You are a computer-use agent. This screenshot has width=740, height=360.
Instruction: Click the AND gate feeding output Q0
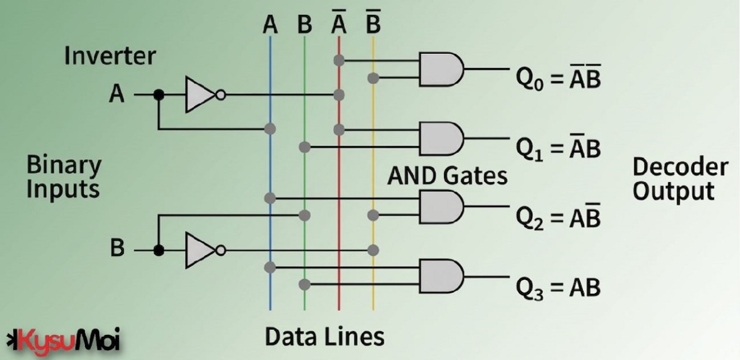coord(441,69)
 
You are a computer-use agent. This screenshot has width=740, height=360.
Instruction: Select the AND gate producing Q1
coord(441,138)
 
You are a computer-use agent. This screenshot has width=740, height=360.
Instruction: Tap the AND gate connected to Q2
coord(441,207)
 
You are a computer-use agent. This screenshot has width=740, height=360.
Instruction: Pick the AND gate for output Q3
coord(441,275)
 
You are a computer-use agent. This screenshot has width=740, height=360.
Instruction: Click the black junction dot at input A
coord(158,94)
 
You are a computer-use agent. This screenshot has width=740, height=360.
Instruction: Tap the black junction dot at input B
coord(158,250)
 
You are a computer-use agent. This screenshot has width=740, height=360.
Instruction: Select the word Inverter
coord(110,56)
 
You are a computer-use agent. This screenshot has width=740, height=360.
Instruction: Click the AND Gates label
coord(447,176)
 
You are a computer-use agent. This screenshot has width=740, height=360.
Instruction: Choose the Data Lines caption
coord(325,337)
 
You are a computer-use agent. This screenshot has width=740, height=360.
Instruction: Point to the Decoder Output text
coord(680,179)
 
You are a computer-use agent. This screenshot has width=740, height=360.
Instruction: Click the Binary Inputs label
coord(64,176)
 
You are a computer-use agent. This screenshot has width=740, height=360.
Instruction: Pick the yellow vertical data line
coord(373,167)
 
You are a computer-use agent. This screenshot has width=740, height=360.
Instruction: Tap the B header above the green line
coord(304,25)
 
